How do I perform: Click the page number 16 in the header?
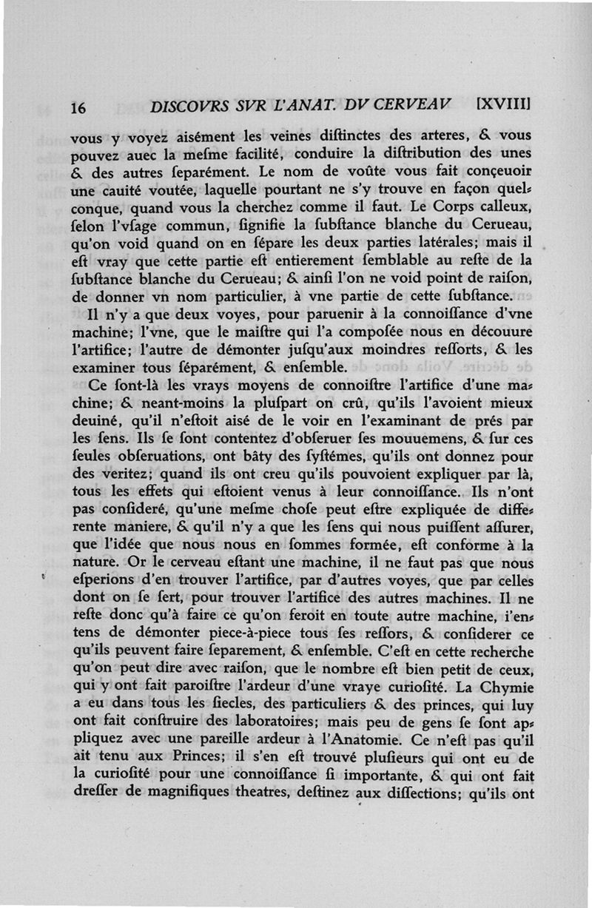(x=78, y=107)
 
